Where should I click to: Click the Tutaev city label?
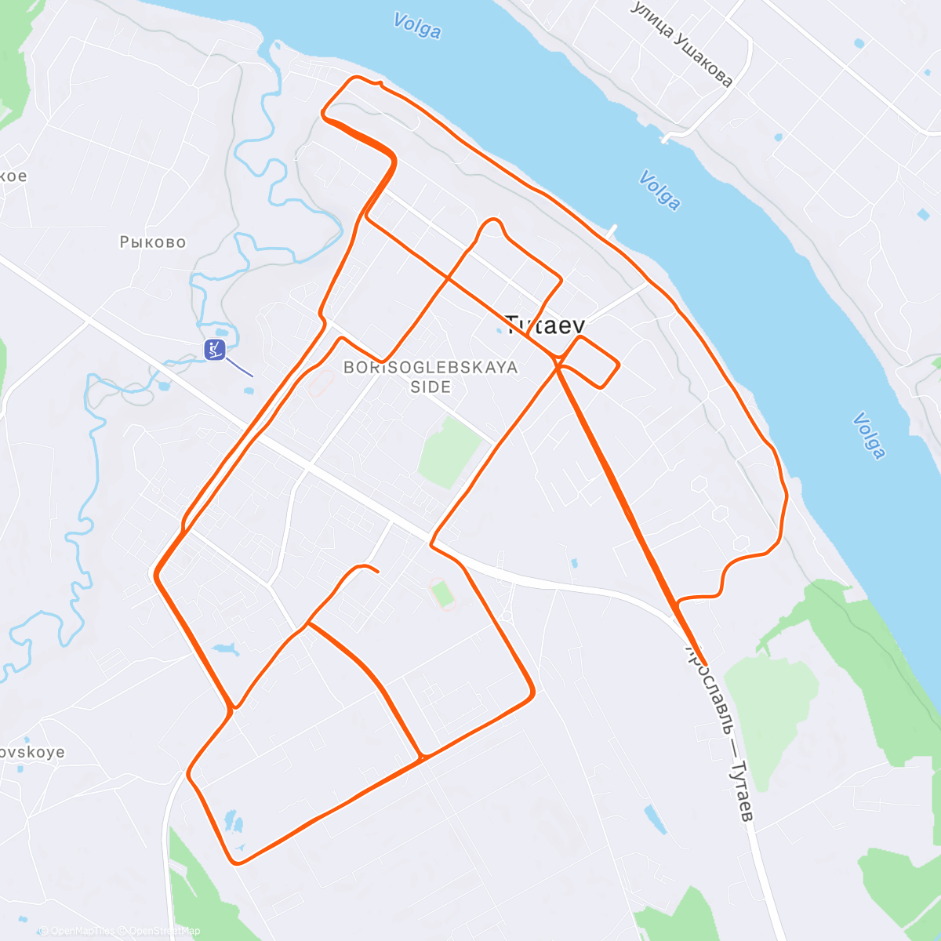pyautogui.click(x=546, y=325)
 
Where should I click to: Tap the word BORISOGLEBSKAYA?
pyautogui.click(x=431, y=367)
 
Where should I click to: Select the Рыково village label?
pyautogui.click(x=153, y=242)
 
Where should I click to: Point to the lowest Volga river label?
pyautogui.click(x=868, y=435)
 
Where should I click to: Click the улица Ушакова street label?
pyautogui.click(x=681, y=44)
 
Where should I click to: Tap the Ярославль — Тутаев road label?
pyautogui.click(x=721, y=733)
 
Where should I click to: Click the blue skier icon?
pyautogui.click(x=214, y=350)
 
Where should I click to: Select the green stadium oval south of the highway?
pyautogui.click(x=443, y=594)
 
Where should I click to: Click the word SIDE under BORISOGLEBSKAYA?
pyautogui.click(x=431, y=387)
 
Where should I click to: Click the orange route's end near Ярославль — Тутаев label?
pyautogui.click(x=705, y=664)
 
